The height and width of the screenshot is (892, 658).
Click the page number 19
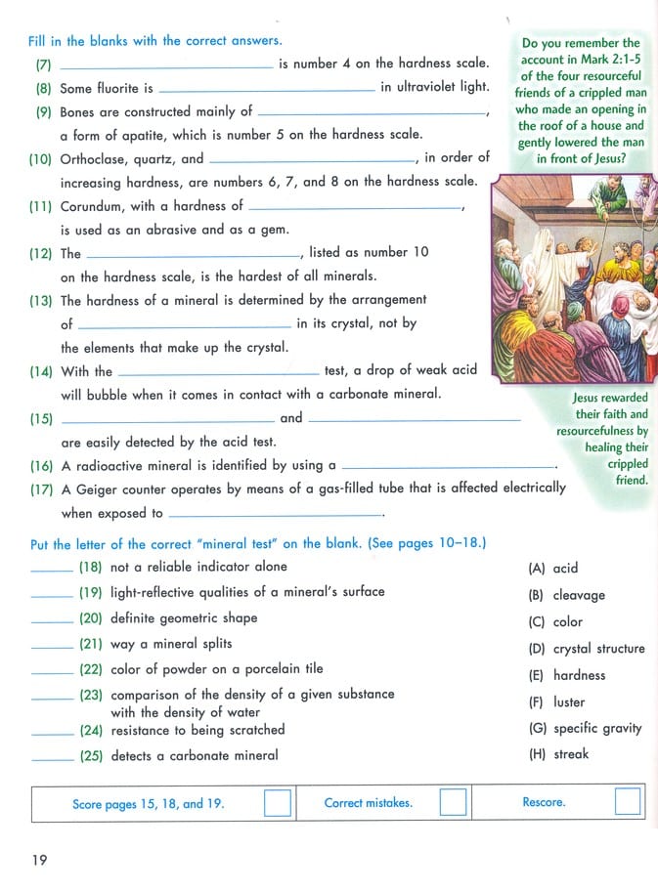click(39, 859)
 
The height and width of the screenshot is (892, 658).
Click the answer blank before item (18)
click(52, 569)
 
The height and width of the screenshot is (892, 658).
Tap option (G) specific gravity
click(585, 728)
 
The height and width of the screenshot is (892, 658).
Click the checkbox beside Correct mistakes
click(453, 802)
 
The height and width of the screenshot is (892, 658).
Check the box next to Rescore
click(628, 802)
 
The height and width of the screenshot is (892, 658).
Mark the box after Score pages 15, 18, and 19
click(279, 803)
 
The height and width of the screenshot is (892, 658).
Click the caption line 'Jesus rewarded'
click(610, 398)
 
